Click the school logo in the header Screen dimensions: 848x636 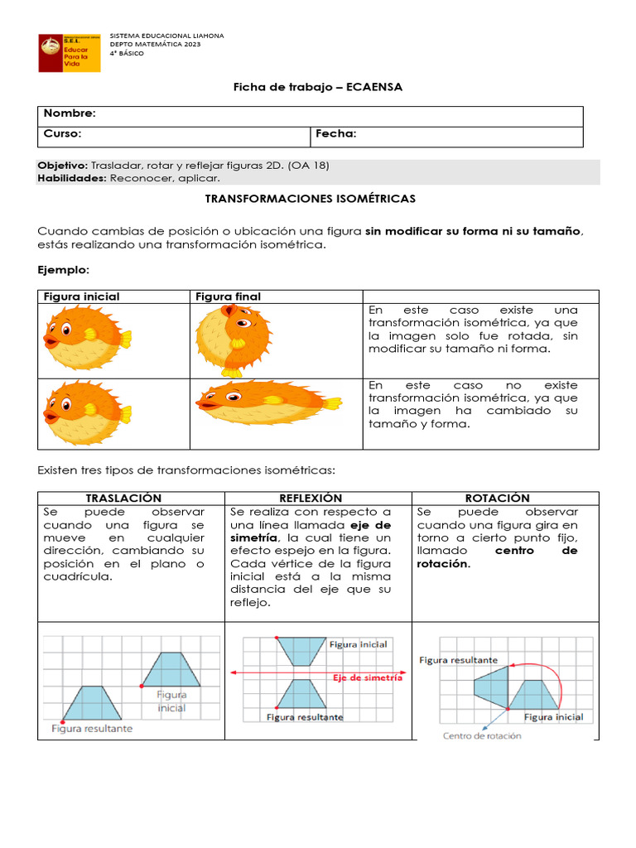point(70,52)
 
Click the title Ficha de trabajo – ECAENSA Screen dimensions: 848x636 point(318,87)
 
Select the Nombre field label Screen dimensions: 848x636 point(70,113)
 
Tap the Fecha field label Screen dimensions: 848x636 point(335,134)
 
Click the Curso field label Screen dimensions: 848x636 point(62,134)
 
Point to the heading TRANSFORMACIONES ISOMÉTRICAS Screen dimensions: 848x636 point(310,200)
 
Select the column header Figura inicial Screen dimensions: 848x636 point(81,296)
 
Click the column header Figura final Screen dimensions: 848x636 point(228,296)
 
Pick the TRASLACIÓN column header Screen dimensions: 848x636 point(123,499)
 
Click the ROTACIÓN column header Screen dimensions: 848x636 point(497,499)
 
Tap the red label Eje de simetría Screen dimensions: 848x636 point(367,677)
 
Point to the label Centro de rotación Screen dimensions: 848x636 point(482,735)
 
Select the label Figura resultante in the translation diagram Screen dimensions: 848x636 point(92,729)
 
